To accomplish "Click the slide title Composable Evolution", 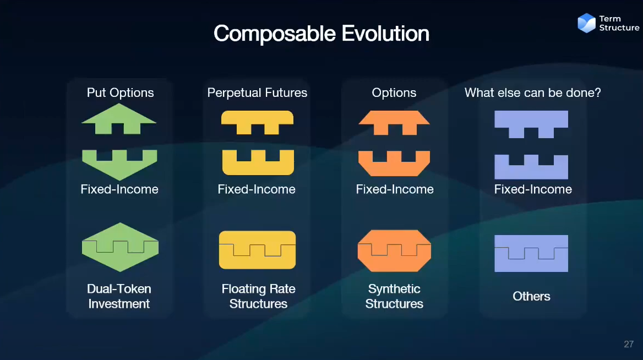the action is [321, 33].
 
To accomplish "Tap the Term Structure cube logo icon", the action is [586, 23].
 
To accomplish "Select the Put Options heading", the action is [120, 92].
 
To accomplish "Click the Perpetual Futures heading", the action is [257, 92].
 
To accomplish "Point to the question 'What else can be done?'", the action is [533, 92].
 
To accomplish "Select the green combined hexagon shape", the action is [120, 247].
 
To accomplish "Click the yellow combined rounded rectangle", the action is [257, 250].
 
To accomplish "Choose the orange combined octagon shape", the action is [394, 250].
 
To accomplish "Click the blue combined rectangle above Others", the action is [531, 253].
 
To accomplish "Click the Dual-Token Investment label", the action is [119, 296].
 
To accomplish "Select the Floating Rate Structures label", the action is [258, 296].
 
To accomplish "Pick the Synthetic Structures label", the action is [394, 296].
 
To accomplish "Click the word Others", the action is [531, 296].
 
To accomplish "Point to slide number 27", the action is [629, 344].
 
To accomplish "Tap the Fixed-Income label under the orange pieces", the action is [395, 189].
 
